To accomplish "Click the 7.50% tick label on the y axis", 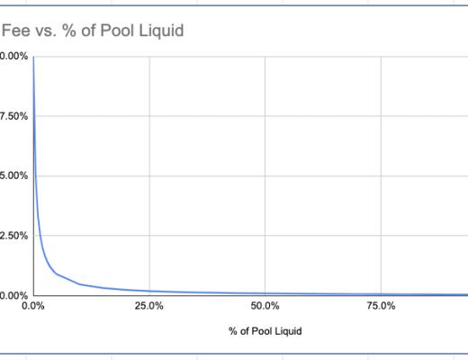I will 13,116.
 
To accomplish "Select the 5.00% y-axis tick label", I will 13,175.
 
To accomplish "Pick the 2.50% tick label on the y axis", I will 13,236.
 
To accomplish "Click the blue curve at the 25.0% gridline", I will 148,290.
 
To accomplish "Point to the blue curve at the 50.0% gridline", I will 265,292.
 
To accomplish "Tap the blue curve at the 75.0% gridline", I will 382,294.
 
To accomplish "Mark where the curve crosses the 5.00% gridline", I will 34,175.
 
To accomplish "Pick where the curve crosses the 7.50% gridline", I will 33,116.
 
